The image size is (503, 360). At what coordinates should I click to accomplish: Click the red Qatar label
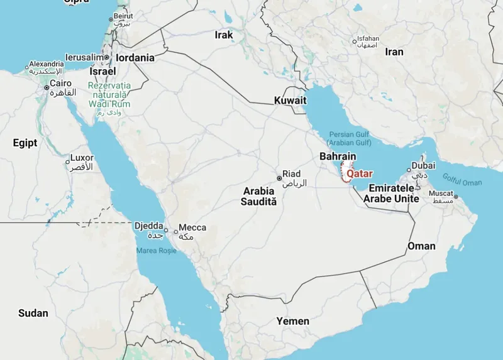[x=360, y=174]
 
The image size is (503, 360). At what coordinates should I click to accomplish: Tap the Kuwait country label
[x=290, y=101]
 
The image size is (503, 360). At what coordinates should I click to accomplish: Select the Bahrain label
[x=338, y=156]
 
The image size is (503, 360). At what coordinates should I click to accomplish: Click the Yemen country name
[x=293, y=321]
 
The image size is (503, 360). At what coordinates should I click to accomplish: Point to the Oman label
[x=421, y=246]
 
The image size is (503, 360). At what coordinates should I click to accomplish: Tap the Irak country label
[x=224, y=35]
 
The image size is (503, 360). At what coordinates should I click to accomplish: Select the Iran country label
[x=394, y=52]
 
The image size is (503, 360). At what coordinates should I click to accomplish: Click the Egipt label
[x=25, y=143]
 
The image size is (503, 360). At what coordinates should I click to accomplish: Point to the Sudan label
[x=33, y=313]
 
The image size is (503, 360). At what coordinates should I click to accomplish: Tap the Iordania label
[x=135, y=58]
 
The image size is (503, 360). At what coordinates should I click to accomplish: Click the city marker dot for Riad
[x=279, y=178]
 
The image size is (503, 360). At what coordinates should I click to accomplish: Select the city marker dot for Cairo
[x=46, y=88]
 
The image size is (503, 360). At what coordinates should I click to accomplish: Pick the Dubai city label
[x=423, y=166]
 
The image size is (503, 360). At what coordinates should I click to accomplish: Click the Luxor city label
[x=82, y=158]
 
